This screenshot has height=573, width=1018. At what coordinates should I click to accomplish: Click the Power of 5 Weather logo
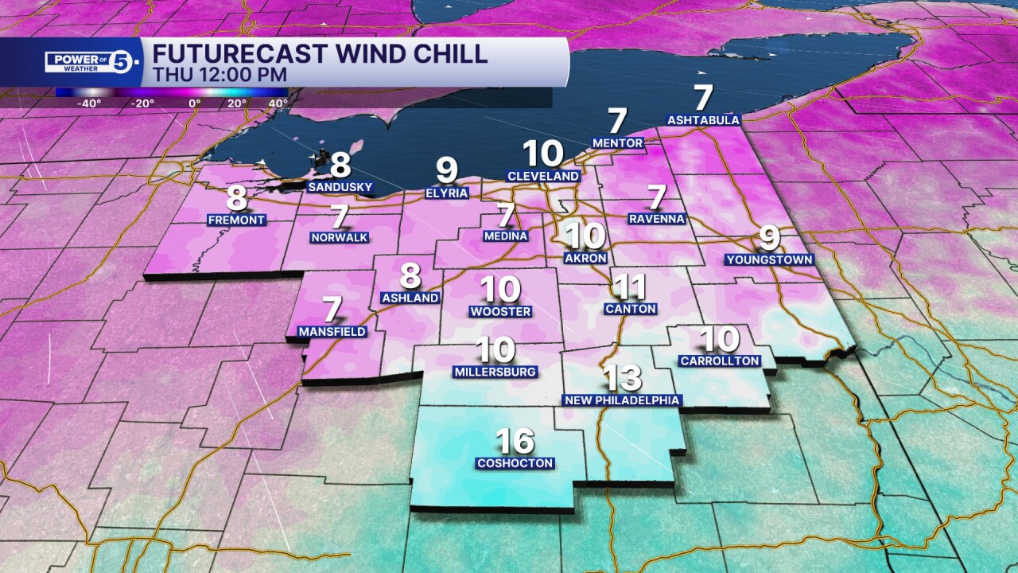tap(94, 62)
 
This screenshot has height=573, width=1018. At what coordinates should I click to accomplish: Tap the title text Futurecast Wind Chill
tap(320, 54)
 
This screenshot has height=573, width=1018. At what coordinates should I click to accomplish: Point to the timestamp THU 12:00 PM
tap(220, 74)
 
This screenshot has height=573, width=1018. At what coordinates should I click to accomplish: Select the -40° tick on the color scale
tap(89, 103)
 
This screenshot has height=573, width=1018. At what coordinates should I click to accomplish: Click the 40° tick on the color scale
tap(278, 103)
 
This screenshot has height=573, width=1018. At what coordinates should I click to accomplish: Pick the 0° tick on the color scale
tap(195, 103)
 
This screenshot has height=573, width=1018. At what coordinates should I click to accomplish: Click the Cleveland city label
tap(544, 176)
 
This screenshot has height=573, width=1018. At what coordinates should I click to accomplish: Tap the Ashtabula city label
tap(703, 120)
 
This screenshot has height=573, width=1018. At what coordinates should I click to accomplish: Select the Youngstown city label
tap(769, 259)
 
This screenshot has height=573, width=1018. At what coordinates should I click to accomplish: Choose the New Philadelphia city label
tap(622, 400)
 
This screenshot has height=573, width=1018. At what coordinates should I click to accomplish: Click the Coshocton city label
tap(515, 463)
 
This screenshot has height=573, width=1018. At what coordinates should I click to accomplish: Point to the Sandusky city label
tap(340, 187)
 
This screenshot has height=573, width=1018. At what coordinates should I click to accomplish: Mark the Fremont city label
tap(235, 220)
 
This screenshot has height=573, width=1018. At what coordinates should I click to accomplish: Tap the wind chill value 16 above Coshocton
tap(515, 441)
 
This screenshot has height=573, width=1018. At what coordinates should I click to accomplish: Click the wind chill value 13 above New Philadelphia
tap(622, 377)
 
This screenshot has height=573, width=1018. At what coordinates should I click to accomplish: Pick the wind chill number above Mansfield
tap(332, 310)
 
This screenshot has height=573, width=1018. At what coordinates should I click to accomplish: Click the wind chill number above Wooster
tap(500, 289)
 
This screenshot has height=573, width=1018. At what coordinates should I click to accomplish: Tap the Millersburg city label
tap(495, 372)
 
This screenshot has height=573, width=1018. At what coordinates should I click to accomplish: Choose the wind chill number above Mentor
tap(617, 121)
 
